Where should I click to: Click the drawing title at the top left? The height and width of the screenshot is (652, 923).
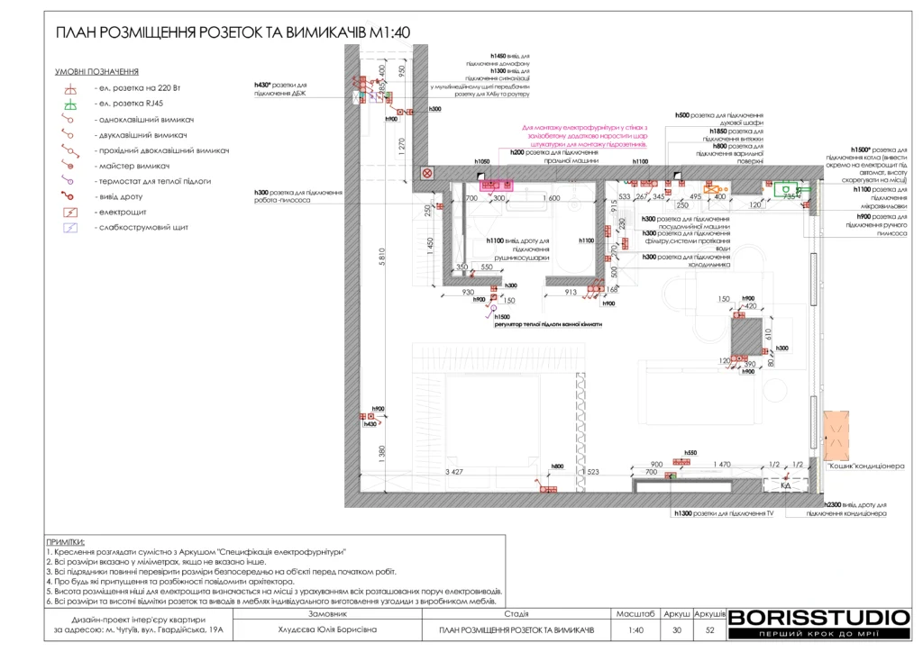coord(233,32)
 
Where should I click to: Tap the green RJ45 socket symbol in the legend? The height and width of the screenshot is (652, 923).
coord(71,105)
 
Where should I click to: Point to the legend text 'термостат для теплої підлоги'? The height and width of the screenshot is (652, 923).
coord(153,181)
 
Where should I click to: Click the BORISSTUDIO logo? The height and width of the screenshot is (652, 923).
coord(818,619)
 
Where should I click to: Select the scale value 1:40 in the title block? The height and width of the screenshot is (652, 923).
coord(635,629)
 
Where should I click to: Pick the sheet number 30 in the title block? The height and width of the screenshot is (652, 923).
coord(677,629)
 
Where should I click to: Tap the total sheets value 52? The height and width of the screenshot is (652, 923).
coord(710,629)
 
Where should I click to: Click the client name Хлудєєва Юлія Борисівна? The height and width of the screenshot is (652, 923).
coord(327,629)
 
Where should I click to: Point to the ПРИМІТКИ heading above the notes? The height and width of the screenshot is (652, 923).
coord(65,541)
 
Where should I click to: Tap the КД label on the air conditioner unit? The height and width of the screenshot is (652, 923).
coord(785,486)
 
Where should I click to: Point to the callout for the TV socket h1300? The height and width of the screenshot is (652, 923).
coord(724,513)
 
